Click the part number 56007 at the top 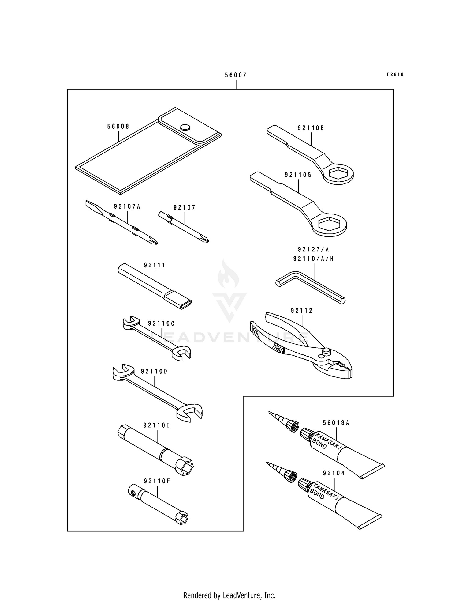pos(236,75)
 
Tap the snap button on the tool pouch pos(185,127)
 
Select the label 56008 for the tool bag pos(118,126)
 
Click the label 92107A pos(127,206)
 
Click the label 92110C pos(161,323)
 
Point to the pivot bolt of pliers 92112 pos(327,351)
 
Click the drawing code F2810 pos(395,74)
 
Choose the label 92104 pos(333,473)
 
